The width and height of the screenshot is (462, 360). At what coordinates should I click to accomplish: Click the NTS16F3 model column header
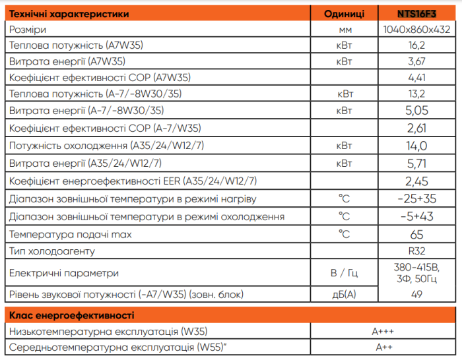coord(416,13)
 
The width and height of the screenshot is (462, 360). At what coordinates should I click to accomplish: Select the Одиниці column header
coord(345,13)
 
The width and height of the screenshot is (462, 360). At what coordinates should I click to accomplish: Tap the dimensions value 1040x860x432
coord(416,29)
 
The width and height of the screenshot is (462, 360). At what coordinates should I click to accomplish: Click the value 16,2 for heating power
coord(416,45)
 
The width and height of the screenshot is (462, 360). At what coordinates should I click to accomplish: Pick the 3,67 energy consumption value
coord(416,61)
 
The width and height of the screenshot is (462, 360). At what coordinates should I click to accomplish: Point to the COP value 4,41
coord(416,78)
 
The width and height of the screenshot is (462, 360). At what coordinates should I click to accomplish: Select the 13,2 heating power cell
coord(416,94)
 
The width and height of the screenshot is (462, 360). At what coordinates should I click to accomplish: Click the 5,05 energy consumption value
coord(416,110)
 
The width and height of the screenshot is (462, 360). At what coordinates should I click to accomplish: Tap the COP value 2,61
coord(416,127)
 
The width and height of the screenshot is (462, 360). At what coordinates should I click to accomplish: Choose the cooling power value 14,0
coord(416,145)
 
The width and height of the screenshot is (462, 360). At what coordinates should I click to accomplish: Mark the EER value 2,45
coord(416,181)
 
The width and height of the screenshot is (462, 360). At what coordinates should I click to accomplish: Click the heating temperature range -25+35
coord(416,198)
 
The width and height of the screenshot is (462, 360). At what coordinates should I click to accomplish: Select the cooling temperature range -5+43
coord(416,216)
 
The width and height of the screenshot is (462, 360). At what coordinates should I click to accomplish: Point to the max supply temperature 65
coord(416,234)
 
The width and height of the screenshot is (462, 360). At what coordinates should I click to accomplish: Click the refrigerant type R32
coord(416,251)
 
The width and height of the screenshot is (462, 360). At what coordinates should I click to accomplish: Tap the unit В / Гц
coord(345,272)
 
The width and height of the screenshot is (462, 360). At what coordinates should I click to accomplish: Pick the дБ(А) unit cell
coord(345,294)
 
